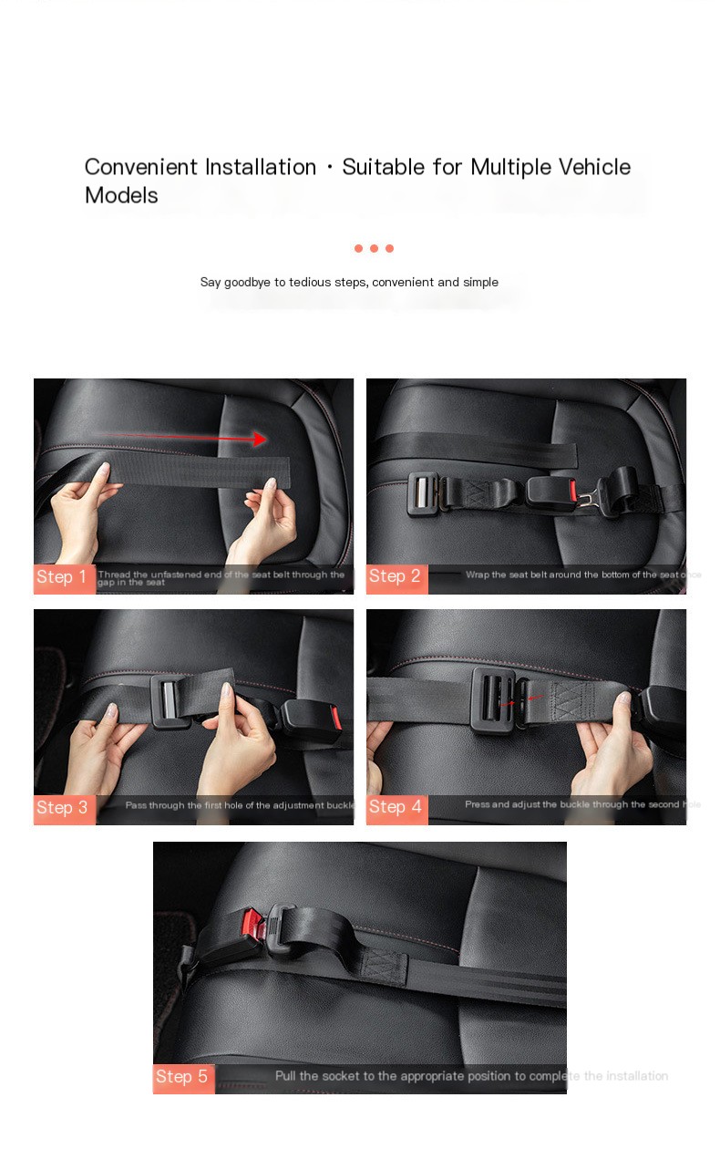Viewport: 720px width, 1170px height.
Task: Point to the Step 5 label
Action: point(183,1077)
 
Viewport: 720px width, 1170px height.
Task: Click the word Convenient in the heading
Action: point(141,167)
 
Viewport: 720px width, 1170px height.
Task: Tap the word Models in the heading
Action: point(121,195)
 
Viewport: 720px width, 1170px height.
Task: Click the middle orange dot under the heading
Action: point(374,248)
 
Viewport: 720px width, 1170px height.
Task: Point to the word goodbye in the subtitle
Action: point(248,283)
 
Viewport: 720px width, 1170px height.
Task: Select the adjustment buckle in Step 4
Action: point(495,699)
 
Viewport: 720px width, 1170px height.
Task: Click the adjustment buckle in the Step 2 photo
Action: point(425,493)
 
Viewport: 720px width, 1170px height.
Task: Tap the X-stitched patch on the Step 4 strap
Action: point(572,705)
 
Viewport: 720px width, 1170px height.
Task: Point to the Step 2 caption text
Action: point(582,575)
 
